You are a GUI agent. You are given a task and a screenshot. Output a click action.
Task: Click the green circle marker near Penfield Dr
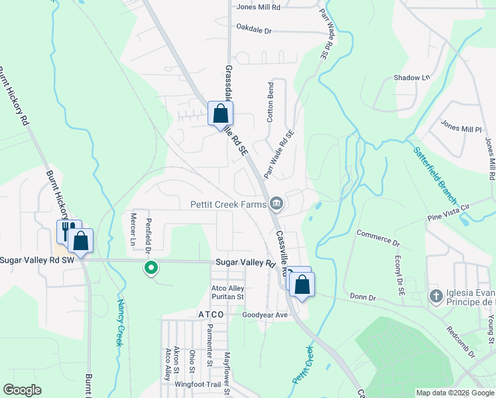coord(151,268)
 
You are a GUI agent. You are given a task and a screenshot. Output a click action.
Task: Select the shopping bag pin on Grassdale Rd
coord(221,113)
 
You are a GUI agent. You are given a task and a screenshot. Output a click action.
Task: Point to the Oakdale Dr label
coord(254,31)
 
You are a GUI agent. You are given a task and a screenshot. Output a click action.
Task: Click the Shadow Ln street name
coord(412,78)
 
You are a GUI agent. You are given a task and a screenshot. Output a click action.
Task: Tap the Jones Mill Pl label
coord(460,127)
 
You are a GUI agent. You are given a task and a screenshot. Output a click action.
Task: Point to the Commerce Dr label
coord(379,234)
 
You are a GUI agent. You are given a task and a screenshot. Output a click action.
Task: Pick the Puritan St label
coord(227,297)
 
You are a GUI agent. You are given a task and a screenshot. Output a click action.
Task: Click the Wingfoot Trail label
coord(197,384)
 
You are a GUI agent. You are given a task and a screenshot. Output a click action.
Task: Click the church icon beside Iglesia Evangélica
coord(436,295)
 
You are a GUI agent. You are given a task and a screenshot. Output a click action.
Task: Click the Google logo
coord(22,390)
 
